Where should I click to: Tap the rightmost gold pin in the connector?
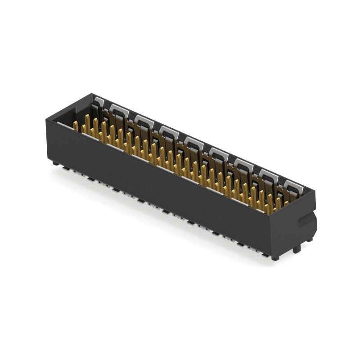pyautogui.click(x=286, y=203)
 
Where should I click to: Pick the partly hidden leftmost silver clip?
pyautogui.click(x=99, y=103)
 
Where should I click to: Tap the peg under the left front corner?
pyautogui.click(x=55, y=163)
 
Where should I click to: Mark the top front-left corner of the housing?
pyautogui.click(x=47, y=119)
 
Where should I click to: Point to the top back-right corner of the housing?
pyautogui.click(x=315, y=191)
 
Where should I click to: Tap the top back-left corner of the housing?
pyautogui.click(x=92, y=94)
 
